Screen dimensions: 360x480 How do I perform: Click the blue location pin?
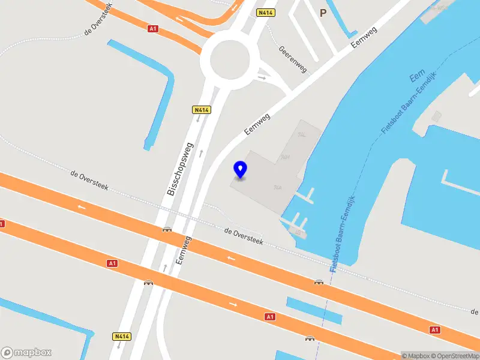click(x=240, y=169)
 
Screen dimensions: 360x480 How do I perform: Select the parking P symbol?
click(x=323, y=13)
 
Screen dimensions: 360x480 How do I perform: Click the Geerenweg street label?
click(x=293, y=59)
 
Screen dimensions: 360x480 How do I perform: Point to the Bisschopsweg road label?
click(x=180, y=169)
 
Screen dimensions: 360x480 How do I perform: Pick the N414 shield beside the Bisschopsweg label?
click(x=200, y=110)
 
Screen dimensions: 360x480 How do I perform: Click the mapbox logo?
click(x=26, y=352)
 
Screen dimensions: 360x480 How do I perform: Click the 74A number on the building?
click(x=278, y=188)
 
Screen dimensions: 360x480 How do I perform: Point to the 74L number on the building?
click(x=302, y=135)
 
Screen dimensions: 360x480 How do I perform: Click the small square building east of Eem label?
click(x=437, y=116)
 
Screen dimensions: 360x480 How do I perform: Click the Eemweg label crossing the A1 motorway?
click(x=184, y=250)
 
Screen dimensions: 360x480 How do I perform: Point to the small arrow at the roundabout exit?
click(x=262, y=77)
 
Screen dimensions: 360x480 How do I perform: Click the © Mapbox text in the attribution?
click(x=418, y=356)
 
